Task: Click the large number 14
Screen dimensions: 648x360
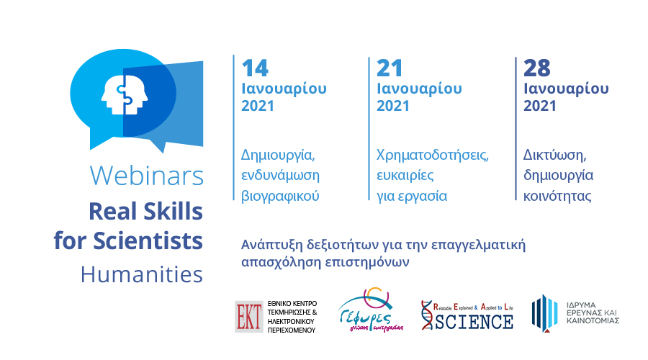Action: [x=255, y=68]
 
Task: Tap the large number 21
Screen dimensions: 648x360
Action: [x=390, y=68]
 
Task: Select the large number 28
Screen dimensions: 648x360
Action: [x=537, y=68]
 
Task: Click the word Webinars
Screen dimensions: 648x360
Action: [x=147, y=175]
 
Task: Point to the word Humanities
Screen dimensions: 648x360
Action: [x=142, y=274]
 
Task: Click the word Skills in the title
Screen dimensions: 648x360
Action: [x=172, y=211]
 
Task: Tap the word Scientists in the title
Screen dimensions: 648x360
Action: [x=148, y=240]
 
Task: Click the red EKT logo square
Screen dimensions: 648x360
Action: [x=249, y=317]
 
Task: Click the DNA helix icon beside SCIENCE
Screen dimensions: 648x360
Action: [x=427, y=315]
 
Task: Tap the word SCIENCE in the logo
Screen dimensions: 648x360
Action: [x=474, y=322]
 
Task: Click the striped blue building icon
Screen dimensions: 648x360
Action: [x=544, y=313]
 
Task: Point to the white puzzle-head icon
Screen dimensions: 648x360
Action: [x=125, y=94]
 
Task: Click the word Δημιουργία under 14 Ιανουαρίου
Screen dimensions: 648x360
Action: [x=278, y=156]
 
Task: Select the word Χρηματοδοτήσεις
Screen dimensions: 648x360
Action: [x=433, y=156]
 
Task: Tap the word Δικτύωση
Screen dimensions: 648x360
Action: [x=555, y=156]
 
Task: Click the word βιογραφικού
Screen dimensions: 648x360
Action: [x=280, y=196]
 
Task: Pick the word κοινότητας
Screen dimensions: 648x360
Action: [x=557, y=196]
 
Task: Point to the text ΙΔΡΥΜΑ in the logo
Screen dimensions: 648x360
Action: [x=582, y=305]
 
